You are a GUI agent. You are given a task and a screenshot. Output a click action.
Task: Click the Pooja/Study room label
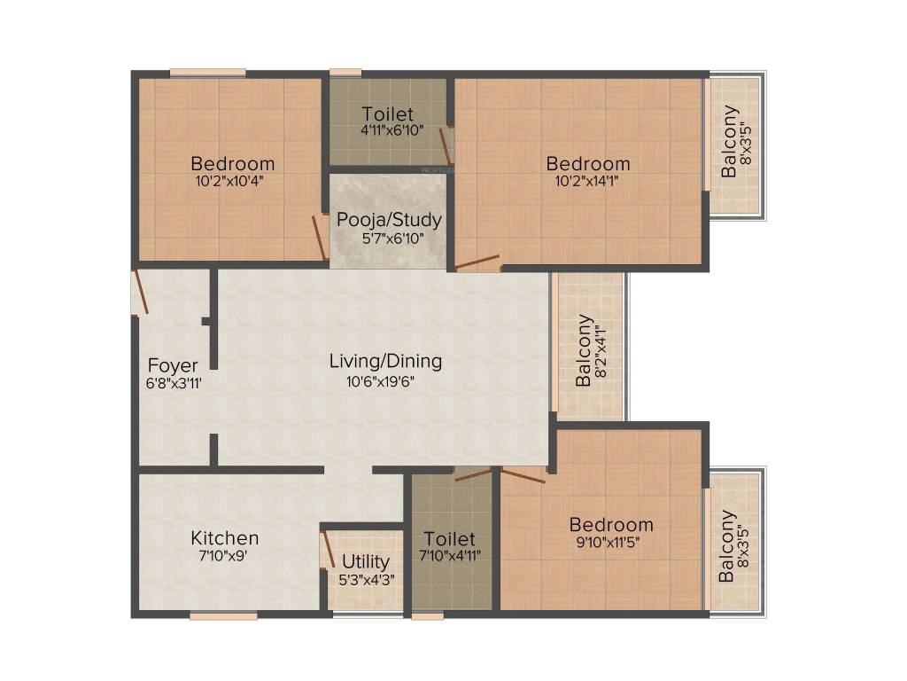coord(389,220)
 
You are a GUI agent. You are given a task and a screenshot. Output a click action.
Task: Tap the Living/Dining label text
coord(385,361)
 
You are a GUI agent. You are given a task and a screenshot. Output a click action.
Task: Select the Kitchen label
coord(225,538)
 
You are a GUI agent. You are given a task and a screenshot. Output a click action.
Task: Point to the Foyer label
coord(173,365)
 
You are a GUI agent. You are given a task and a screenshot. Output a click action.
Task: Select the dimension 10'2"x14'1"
coord(587,180)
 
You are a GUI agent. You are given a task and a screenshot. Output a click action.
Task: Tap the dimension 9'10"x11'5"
coord(610,541)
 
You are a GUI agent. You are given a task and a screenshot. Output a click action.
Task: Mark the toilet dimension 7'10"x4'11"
coord(450,556)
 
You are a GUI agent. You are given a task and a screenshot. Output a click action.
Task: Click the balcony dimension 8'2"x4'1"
coord(601,351)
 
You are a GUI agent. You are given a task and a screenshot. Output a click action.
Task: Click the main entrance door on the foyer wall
coord(139,293)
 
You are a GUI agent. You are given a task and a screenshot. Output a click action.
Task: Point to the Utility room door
coord(326,548)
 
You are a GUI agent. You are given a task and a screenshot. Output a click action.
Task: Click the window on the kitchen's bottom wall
coord(223,614)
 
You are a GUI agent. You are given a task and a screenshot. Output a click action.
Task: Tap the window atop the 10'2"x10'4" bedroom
coord(208,73)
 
